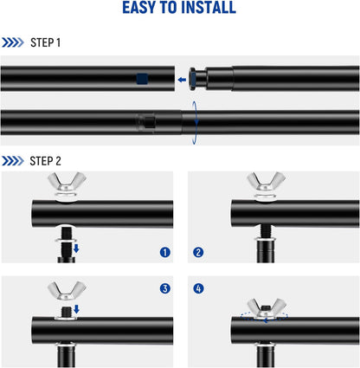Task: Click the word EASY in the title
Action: tap(138, 8)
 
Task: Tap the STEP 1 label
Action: tap(45, 42)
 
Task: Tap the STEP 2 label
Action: tap(45, 161)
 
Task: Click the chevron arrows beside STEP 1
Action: tap(13, 42)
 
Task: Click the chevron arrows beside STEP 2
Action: tap(13, 161)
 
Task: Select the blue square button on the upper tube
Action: tap(142, 79)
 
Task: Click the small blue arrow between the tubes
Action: tap(182, 80)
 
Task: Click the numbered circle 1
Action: tap(165, 253)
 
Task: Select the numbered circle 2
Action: tap(198, 253)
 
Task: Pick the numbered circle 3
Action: tap(165, 288)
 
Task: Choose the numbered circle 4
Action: tap(198, 288)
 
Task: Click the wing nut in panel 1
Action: tap(67, 182)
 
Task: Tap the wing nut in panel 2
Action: tap(267, 182)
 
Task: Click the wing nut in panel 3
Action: tap(67, 291)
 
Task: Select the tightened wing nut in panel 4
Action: tap(267, 308)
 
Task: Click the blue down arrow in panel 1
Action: tap(76, 249)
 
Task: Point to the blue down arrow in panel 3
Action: tap(76, 309)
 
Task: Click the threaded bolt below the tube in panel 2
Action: tap(266, 231)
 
